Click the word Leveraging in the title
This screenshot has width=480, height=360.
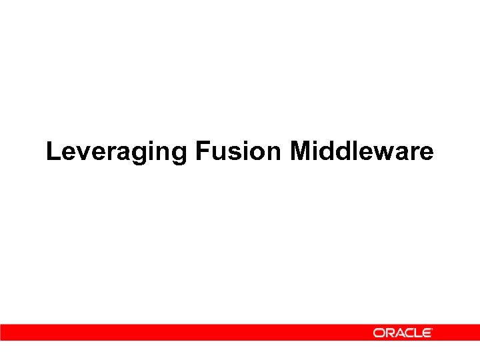(117, 153)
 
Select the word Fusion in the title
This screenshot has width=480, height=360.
(239, 151)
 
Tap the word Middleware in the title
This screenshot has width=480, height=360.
(361, 151)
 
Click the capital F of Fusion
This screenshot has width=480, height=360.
(203, 151)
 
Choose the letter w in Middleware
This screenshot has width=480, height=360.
(384, 153)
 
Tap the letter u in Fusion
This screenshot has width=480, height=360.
(217, 153)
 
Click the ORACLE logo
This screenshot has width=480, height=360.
(403, 333)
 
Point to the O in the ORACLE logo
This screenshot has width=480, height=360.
(378, 333)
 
